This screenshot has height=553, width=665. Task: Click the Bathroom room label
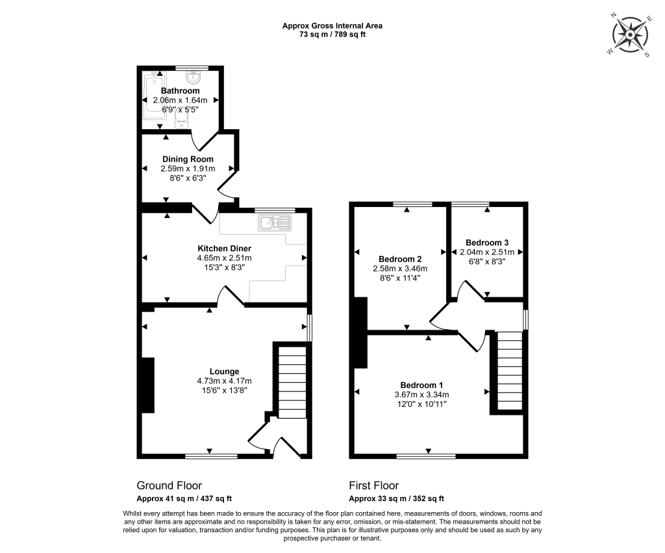point(180,91)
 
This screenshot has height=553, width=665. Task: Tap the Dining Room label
point(188,159)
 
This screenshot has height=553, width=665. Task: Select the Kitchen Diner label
point(224,249)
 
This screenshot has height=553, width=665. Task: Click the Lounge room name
point(224,372)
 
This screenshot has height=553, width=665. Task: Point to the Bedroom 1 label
point(421,385)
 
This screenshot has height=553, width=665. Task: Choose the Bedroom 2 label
point(400,260)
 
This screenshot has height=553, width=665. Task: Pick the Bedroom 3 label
point(487,243)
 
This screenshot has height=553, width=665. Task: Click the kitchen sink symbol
point(275,223)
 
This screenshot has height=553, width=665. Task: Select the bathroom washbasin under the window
point(194,77)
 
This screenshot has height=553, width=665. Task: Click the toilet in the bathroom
point(181,121)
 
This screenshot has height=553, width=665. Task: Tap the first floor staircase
point(509,371)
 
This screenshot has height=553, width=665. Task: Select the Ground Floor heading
point(169,485)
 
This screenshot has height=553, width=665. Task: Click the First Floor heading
point(374,485)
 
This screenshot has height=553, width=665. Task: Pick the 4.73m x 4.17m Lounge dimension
point(224,381)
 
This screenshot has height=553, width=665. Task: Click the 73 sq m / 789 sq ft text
point(332,35)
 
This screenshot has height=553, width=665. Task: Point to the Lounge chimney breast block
point(148,385)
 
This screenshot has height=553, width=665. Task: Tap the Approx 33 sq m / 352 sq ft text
point(397,498)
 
